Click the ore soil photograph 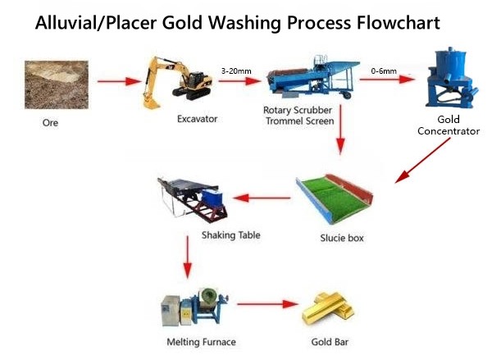(x=57, y=84)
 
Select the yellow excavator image (x=177, y=82)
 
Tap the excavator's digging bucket (x=151, y=102)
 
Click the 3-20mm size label (x=236, y=71)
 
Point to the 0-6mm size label (x=384, y=71)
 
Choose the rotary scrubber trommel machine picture (x=313, y=79)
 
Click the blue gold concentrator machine (x=452, y=78)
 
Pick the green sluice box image (x=335, y=199)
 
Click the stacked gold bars (x=328, y=309)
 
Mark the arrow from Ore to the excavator (x=120, y=81)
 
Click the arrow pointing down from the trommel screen (x=340, y=130)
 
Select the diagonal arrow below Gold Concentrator (x=422, y=161)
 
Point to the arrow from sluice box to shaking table (x=262, y=198)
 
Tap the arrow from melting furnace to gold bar (x=267, y=303)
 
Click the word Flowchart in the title (x=398, y=23)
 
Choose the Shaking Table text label (x=231, y=235)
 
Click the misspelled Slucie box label (x=342, y=238)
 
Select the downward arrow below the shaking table (x=188, y=257)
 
